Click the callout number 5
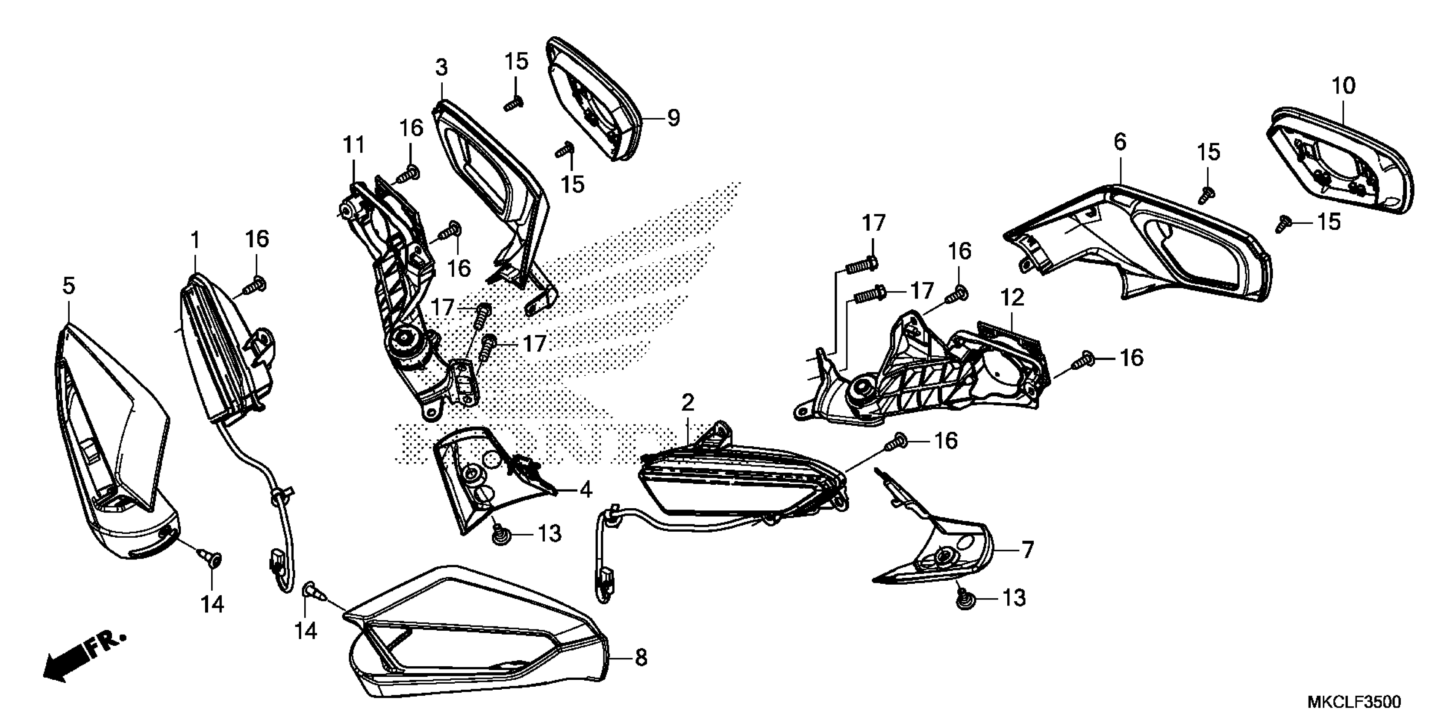tap(68, 286)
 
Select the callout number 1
tap(195, 241)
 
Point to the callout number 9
tap(673, 118)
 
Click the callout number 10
tap(1343, 86)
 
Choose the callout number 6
tap(1120, 142)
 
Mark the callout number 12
tap(1012, 298)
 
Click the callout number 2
tap(687, 402)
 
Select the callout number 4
tap(586, 490)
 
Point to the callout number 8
tap(641, 657)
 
